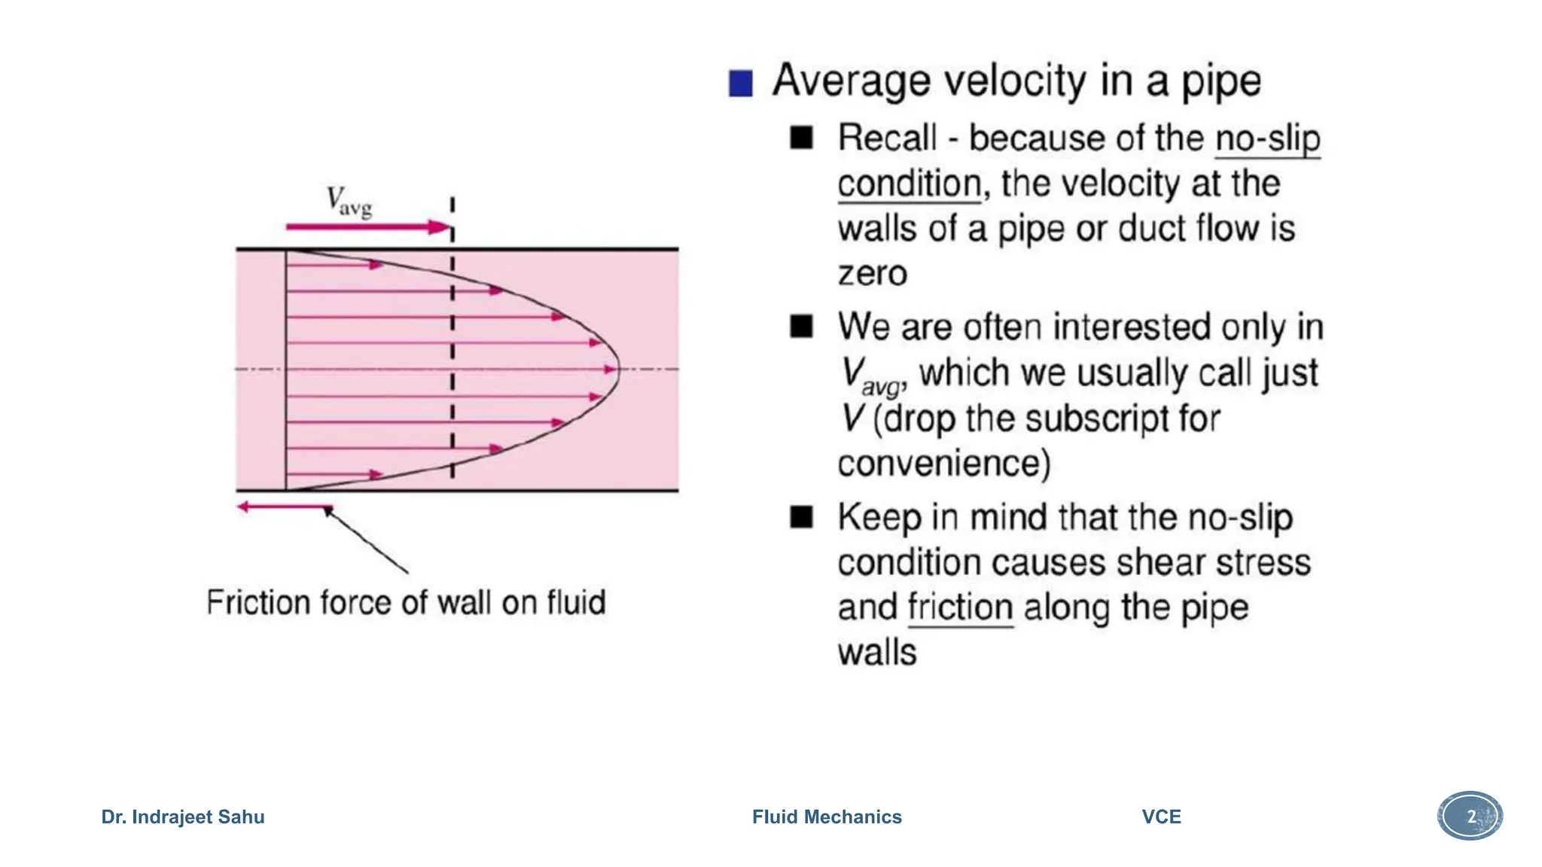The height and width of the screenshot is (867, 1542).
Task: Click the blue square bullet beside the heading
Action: (740, 84)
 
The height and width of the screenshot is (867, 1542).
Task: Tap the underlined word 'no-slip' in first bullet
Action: (1267, 139)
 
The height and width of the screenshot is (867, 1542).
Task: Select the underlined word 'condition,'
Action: (910, 184)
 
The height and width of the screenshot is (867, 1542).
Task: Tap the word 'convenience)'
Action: (943, 464)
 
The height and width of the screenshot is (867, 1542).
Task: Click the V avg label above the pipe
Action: (349, 201)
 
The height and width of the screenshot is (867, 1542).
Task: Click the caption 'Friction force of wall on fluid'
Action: (406, 603)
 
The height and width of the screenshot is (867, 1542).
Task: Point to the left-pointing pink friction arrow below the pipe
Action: (282, 507)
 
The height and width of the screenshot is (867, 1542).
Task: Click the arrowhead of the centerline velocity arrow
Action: (611, 370)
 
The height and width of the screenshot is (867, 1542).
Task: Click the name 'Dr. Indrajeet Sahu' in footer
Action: (183, 817)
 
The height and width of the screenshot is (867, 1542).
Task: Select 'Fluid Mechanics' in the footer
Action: (827, 817)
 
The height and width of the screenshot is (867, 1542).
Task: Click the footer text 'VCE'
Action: (1161, 817)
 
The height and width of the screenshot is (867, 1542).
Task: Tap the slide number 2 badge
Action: (1470, 816)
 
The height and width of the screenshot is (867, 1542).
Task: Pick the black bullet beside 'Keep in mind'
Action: (801, 517)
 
